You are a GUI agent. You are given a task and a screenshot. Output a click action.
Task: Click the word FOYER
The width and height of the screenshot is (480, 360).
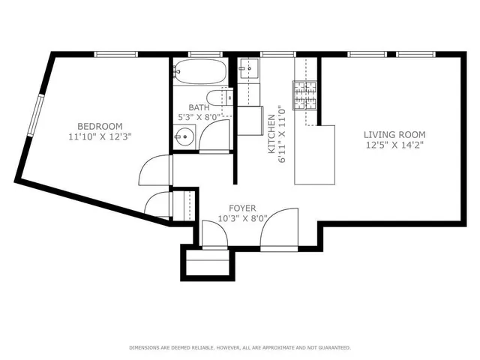point(242,208)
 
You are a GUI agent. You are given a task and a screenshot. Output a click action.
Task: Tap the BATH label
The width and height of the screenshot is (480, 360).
point(199,107)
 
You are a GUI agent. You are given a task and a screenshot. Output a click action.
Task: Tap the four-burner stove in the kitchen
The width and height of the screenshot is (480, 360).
point(305,94)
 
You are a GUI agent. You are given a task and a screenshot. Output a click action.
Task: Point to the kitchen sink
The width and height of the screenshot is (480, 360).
point(248,70)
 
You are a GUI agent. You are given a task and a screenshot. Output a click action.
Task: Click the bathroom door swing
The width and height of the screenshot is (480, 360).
point(214,136)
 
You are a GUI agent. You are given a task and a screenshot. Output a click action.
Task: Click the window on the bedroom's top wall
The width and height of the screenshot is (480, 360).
point(116,54)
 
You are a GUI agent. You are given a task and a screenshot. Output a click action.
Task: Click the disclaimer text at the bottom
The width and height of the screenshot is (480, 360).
point(240,347)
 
